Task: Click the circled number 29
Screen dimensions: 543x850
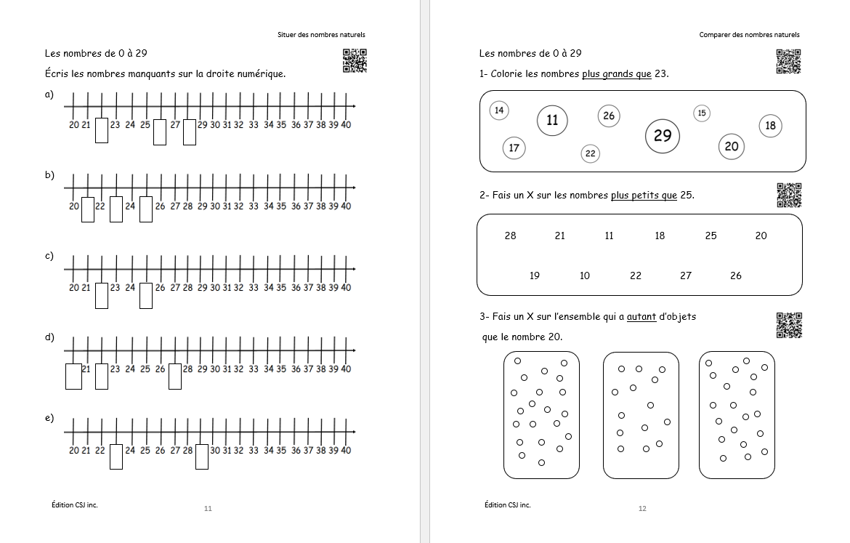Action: pyautogui.click(x=662, y=136)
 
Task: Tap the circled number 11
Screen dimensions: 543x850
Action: pyautogui.click(x=552, y=120)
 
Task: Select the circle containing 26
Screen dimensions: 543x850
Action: pyautogui.click(x=608, y=116)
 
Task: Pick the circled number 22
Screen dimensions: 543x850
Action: pyautogui.click(x=590, y=153)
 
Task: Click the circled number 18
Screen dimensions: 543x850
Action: pyautogui.click(x=770, y=126)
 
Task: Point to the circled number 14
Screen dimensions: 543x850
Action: pyautogui.click(x=498, y=110)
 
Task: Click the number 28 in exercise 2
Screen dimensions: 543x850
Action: pyautogui.click(x=510, y=236)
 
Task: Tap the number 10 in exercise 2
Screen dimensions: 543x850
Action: pyautogui.click(x=585, y=275)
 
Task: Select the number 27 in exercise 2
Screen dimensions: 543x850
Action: pyautogui.click(x=686, y=275)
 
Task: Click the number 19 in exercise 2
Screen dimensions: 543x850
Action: pyautogui.click(x=535, y=275)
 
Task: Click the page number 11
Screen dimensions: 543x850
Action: pyautogui.click(x=208, y=508)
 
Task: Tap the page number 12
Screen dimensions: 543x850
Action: pyautogui.click(x=642, y=508)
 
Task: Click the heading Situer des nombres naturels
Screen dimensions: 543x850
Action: pyautogui.click(x=321, y=34)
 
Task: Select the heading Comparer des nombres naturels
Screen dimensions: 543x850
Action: pyautogui.click(x=749, y=34)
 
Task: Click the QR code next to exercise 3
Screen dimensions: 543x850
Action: pyautogui.click(x=789, y=326)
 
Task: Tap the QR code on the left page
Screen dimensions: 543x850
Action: pyautogui.click(x=355, y=61)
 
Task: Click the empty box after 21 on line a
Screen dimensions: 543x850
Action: pyautogui.click(x=102, y=131)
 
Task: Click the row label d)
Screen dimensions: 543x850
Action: pyautogui.click(x=49, y=337)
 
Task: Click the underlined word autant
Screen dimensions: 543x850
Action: pyautogui.click(x=641, y=317)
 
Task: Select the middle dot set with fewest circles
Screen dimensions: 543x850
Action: pyautogui.click(x=641, y=415)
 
